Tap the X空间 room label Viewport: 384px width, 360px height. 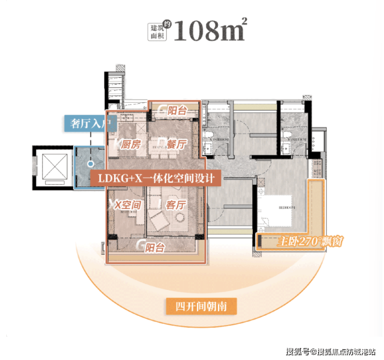[x=127, y=205]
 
